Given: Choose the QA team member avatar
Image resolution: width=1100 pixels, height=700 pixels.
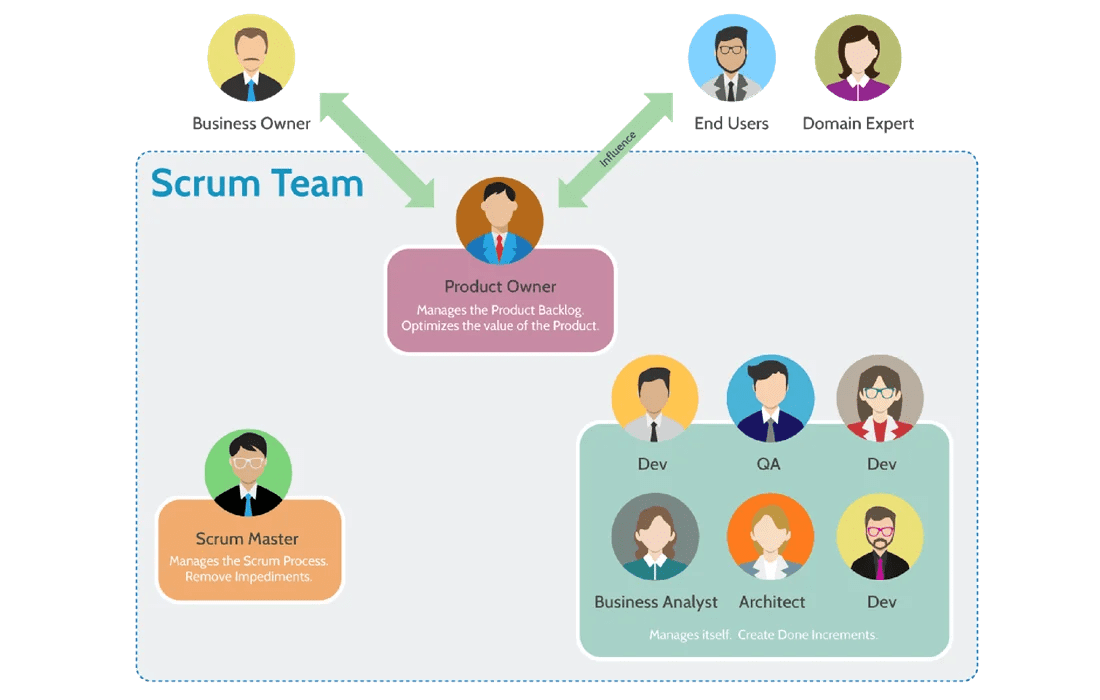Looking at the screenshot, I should [x=770, y=399].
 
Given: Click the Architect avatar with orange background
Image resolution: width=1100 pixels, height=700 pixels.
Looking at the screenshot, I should [x=770, y=537].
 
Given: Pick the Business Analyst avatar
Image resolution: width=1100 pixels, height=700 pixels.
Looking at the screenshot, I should [x=655, y=537].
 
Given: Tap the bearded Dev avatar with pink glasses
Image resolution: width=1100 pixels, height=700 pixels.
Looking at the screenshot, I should [x=880, y=537].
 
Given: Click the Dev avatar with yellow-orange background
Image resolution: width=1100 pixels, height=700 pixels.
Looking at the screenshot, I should [x=655, y=399].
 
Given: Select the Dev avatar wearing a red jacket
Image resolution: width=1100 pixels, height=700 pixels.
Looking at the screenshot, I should [x=880, y=399].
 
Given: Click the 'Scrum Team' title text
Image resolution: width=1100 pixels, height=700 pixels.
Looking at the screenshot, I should [x=257, y=184].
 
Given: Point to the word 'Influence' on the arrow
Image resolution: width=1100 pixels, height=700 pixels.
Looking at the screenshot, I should [x=618, y=148].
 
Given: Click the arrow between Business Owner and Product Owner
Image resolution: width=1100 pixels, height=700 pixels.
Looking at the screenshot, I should [x=377, y=150].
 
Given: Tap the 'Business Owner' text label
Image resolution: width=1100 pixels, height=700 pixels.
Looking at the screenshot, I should [x=251, y=124].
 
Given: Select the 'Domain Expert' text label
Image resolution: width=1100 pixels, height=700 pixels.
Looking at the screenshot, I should [x=858, y=124].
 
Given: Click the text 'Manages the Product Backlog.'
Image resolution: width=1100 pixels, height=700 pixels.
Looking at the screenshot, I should [x=500, y=310].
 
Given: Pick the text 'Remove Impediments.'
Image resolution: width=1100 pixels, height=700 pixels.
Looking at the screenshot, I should [x=249, y=577].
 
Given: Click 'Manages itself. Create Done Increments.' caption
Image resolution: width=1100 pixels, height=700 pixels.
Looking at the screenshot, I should [x=763, y=635].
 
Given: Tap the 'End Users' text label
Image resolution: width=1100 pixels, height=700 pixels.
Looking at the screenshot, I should [x=732, y=124].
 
